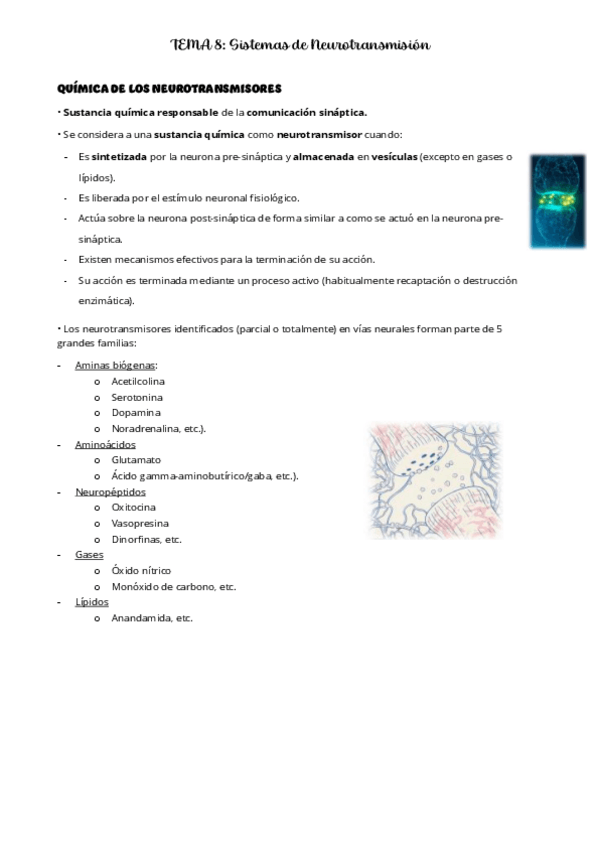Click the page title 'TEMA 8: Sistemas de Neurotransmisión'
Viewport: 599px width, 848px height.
300,45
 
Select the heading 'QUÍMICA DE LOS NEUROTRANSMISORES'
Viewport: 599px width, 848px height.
171,90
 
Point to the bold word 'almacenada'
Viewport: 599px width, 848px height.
324,157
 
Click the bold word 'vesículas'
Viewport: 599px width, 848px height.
394,157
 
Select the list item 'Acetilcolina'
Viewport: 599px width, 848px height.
139,381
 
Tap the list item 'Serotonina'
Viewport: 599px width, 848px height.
137,397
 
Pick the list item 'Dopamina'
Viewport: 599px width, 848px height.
136,412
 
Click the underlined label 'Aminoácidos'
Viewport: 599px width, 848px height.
105,444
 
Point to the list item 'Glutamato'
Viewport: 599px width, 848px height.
136,460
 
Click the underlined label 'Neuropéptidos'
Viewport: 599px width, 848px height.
109,492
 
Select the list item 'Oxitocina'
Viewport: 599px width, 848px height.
136,507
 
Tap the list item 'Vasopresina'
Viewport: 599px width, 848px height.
140,523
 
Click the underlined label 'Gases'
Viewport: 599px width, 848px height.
89,554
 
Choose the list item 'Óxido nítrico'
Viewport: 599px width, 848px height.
142,570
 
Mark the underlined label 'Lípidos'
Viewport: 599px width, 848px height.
92,602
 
